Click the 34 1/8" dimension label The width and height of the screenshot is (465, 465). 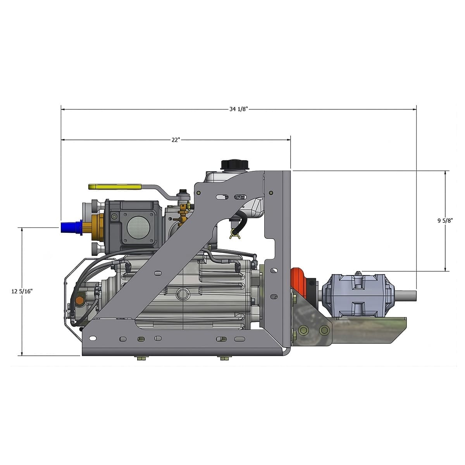pos(238,109)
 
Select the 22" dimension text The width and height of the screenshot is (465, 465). pos(176,140)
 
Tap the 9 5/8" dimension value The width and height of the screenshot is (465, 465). pos(445,220)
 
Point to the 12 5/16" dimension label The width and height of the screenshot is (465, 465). pos(22,291)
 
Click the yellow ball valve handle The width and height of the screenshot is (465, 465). pos(115,187)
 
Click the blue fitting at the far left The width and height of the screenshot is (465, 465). pos(71,227)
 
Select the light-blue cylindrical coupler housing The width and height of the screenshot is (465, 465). pos(359,296)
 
